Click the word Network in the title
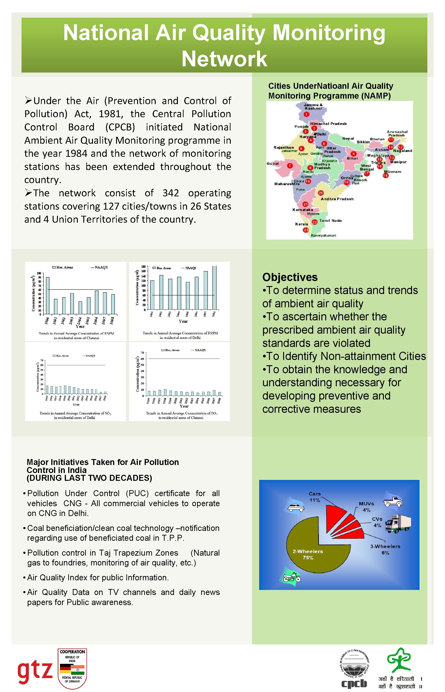tap(224, 59)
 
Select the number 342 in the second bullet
tap(171, 193)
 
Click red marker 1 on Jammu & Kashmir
tap(306, 114)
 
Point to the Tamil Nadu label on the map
tap(330, 221)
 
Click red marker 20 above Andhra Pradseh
tap(321, 193)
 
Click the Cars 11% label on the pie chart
tap(315, 497)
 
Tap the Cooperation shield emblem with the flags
tap(72, 668)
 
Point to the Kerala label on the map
tap(301, 224)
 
